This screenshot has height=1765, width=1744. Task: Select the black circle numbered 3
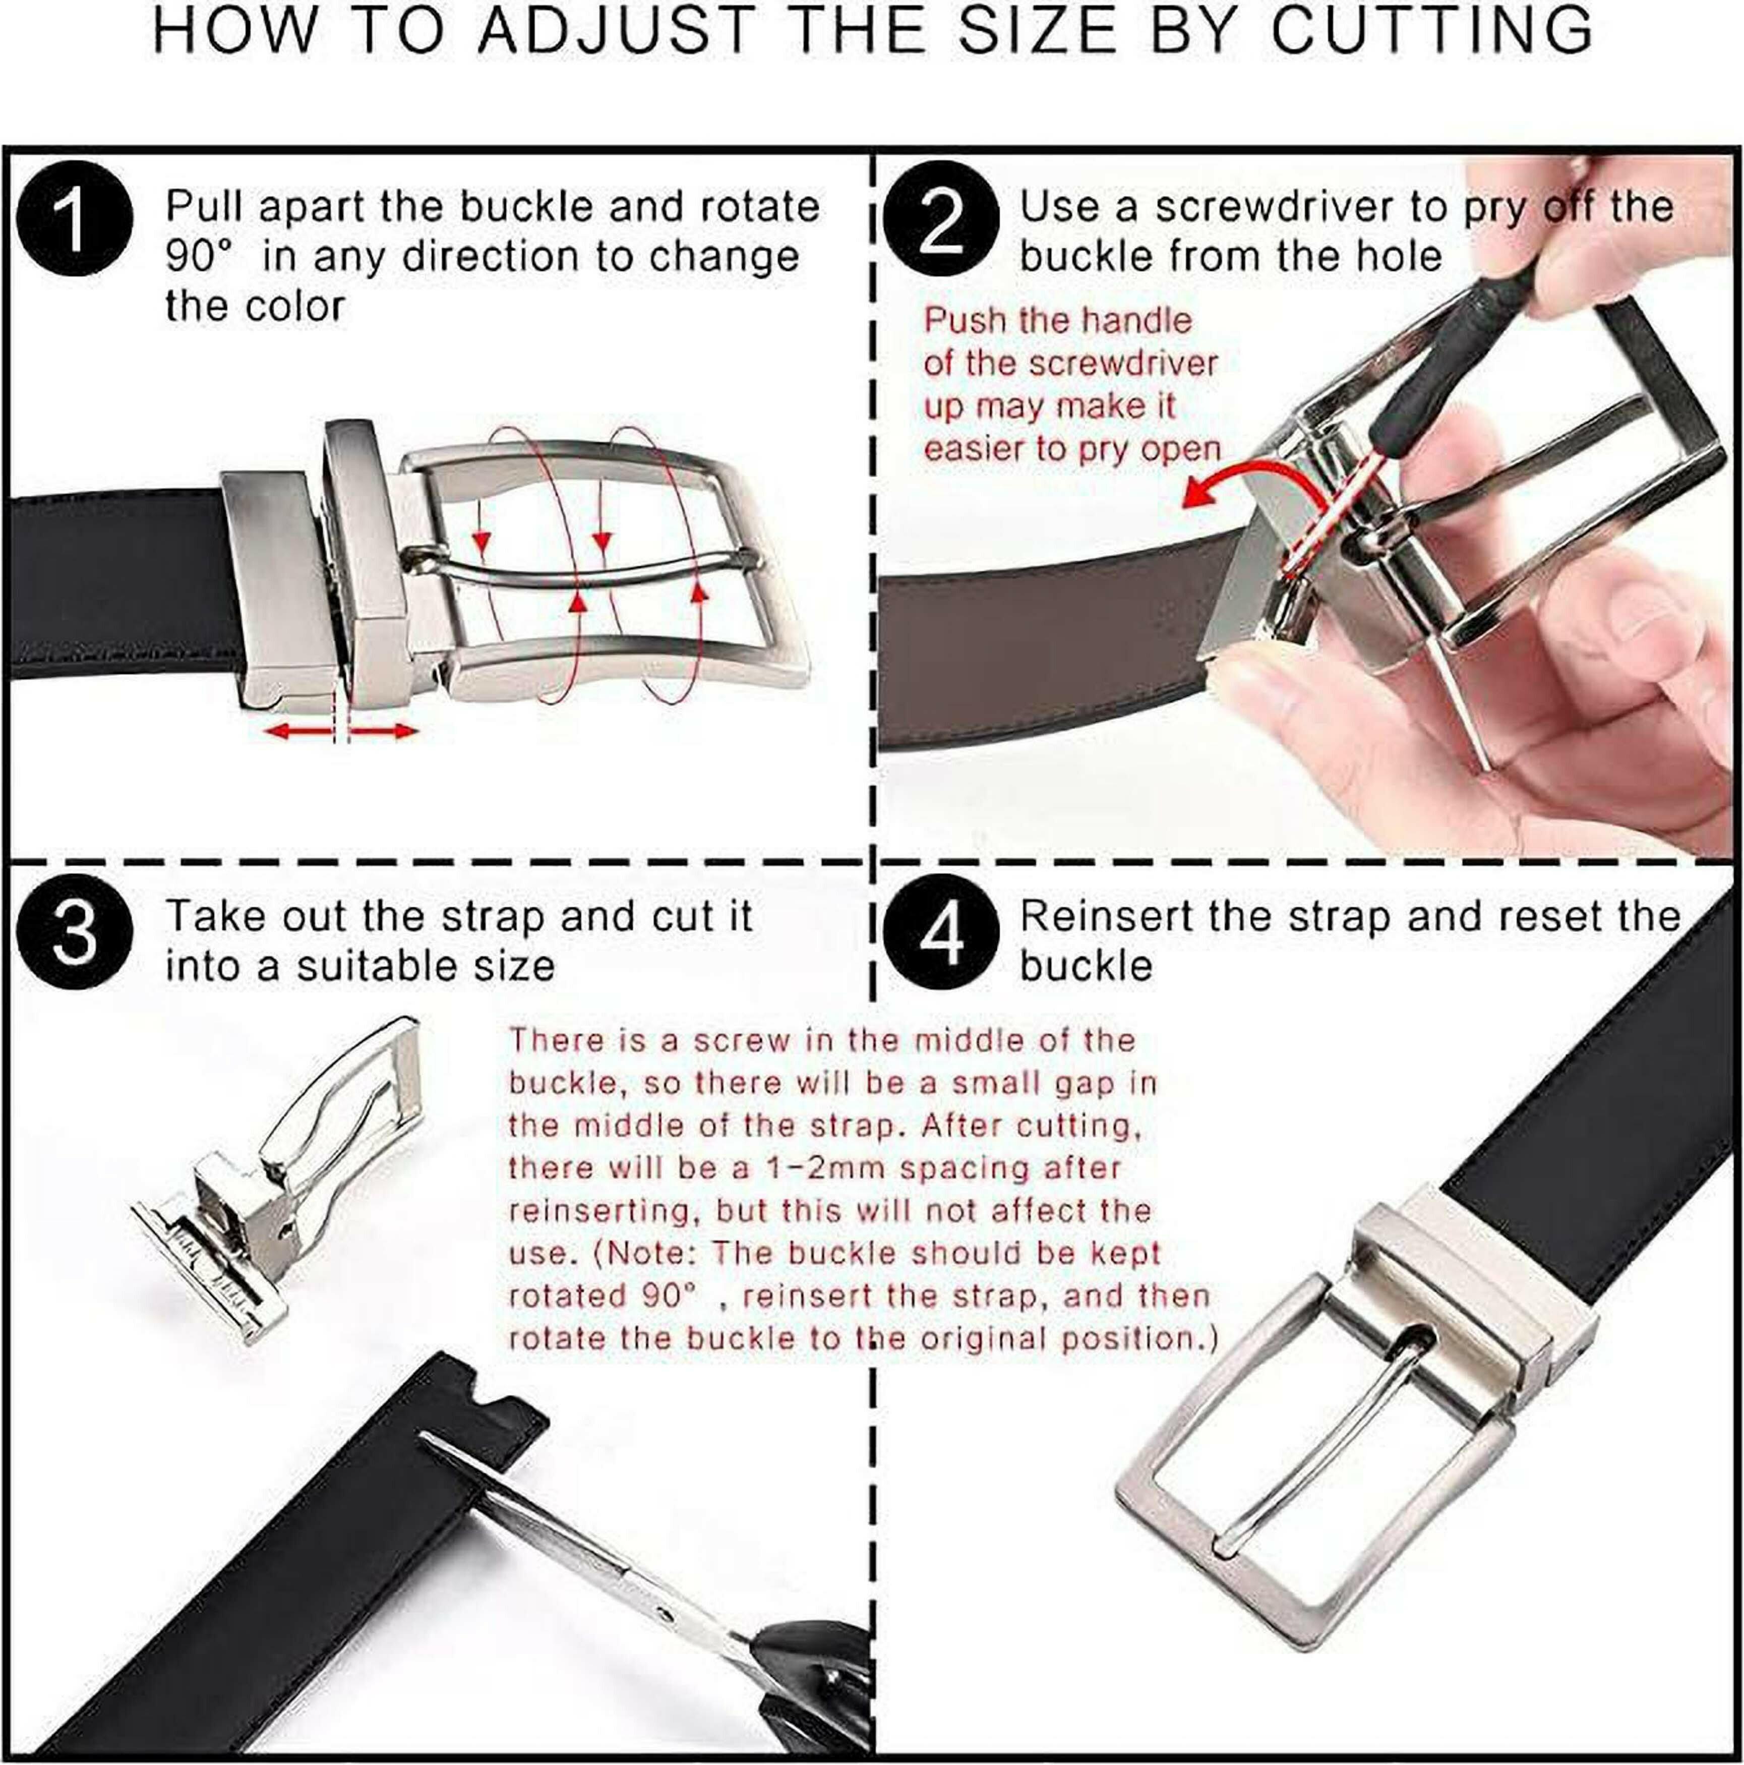[x=75, y=932]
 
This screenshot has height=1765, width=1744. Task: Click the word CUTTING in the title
[x=1431, y=31]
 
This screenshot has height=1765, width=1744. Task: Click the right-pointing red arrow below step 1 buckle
[x=382, y=730]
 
